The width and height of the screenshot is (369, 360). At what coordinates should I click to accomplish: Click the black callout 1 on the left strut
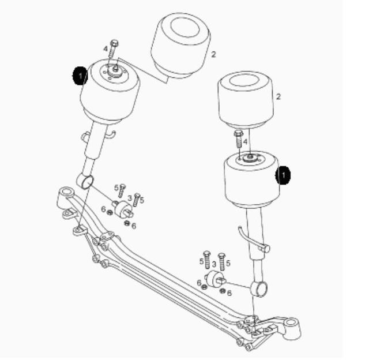coord(80,76)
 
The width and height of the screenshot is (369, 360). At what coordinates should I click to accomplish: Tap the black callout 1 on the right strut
coord(283,175)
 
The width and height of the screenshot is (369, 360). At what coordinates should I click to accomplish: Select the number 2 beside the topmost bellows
coord(213,54)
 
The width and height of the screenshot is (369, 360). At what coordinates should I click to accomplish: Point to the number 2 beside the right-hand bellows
coord(278,96)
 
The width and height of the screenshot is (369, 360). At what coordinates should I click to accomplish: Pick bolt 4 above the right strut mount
coord(238,139)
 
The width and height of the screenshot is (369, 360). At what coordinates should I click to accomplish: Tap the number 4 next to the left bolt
coord(106,49)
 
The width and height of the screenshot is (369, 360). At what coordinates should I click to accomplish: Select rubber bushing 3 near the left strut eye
coord(122,209)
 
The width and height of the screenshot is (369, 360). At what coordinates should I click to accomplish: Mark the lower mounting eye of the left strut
coord(85,182)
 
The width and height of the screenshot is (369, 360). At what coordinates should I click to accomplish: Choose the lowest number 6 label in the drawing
coord(229,293)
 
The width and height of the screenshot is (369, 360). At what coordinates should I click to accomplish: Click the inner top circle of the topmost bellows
coord(185,27)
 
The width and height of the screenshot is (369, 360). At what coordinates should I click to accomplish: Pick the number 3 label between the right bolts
coord(214,264)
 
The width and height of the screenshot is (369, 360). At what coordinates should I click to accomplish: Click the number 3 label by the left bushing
coord(130,198)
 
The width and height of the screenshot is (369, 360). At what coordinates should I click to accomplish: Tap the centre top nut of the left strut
coord(115,69)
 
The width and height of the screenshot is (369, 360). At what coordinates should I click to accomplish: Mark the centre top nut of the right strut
coord(250,156)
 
